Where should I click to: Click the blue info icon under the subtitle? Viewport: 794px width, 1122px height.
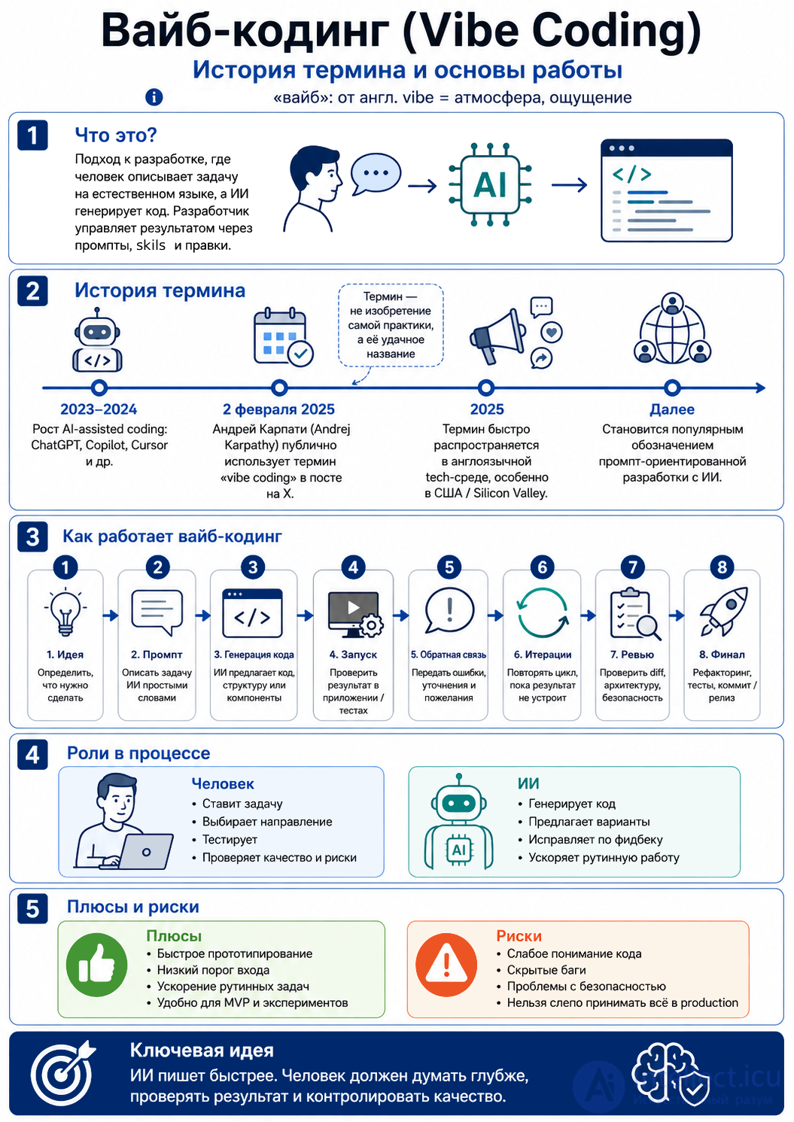click(x=154, y=96)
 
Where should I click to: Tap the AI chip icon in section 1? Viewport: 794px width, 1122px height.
click(x=491, y=184)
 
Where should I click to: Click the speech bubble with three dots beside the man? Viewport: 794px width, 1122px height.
click(x=376, y=174)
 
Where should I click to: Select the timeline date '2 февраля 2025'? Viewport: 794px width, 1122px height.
click(x=278, y=409)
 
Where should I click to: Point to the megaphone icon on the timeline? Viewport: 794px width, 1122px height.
click(x=497, y=336)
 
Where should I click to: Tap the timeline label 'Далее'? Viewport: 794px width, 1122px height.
click(x=672, y=409)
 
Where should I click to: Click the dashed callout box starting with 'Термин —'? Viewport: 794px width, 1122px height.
click(x=391, y=325)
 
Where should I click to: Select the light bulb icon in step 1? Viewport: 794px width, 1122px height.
click(x=65, y=612)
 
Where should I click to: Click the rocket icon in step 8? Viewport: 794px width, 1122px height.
click(x=724, y=611)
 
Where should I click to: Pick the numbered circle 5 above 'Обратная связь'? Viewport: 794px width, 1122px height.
click(x=449, y=567)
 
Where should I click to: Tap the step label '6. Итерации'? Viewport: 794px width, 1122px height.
click(x=543, y=654)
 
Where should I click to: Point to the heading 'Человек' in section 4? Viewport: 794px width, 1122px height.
click(x=223, y=783)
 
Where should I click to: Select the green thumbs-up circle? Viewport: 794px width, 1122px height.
click(x=96, y=965)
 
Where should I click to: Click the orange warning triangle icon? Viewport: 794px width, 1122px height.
click(x=446, y=965)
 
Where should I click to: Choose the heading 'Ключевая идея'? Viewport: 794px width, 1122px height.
click(x=202, y=1051)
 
